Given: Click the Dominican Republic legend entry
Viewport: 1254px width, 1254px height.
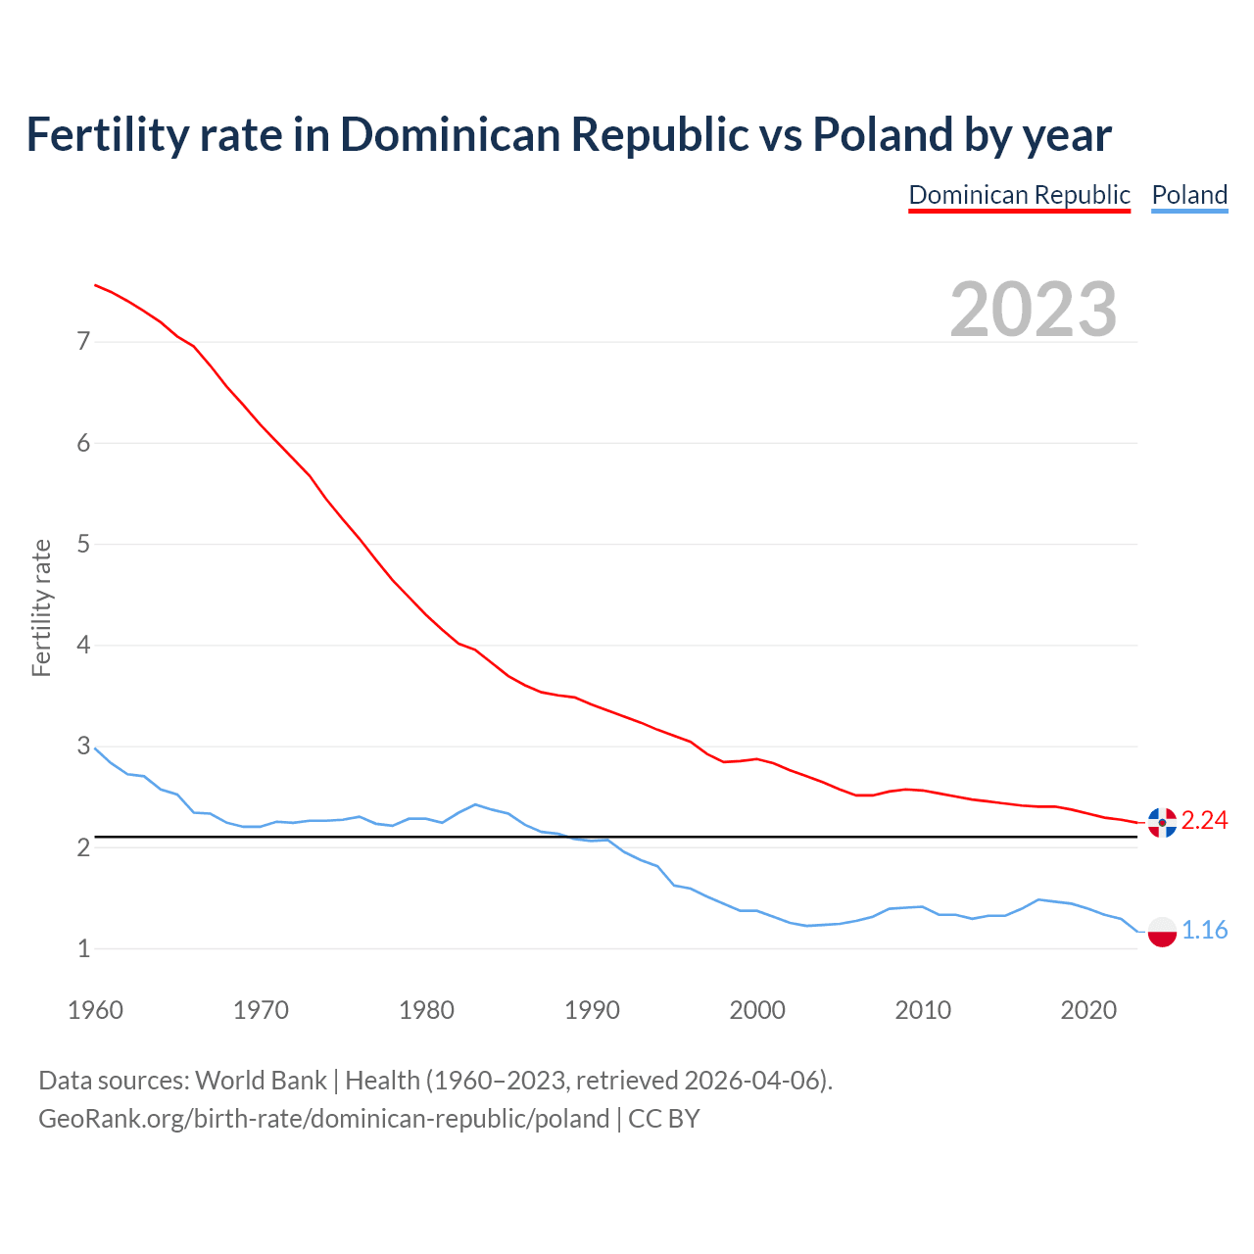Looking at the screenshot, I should (1019, 195).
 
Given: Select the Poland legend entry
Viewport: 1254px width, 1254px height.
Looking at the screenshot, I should (1189, 195).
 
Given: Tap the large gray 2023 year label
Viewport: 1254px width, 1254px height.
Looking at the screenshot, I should (1034, 310).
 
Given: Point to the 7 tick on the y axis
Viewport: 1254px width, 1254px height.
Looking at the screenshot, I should (83, 342).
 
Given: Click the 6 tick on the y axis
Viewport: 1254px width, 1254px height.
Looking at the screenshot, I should (83, 443).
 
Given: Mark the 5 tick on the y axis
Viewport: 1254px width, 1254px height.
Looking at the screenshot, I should (83, 544).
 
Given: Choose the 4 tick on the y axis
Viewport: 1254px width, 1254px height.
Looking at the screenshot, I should (83, 646).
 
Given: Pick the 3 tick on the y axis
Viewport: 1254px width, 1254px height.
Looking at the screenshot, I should (83, 747).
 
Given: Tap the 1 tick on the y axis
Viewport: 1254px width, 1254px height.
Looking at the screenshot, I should (83, 948).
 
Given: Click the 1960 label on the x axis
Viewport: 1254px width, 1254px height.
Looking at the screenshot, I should (95, 1010).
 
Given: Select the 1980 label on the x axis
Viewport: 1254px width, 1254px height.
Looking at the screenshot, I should (426, 1010).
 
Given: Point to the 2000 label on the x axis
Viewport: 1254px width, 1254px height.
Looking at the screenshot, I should (757, 1010).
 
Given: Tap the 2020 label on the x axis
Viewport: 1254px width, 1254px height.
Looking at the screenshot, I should (1088, 1010).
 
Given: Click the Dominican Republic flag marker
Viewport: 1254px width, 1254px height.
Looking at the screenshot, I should (1162, 823).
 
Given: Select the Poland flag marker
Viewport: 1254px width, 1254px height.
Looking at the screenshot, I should (1162, 932).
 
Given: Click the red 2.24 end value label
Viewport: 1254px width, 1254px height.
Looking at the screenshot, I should (1204, 821).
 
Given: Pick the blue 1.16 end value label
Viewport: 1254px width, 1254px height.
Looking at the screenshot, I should (1204, 931).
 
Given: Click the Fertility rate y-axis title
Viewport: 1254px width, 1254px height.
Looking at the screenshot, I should (41, 607).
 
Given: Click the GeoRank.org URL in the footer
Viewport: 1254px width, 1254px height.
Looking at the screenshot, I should (323, 1119).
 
